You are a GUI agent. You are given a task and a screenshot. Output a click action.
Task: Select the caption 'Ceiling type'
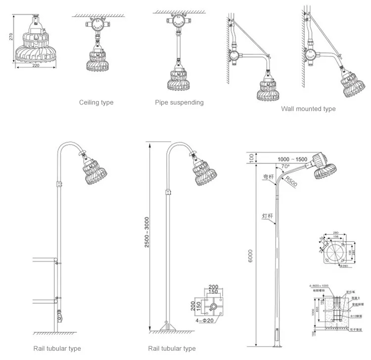pos(96,103)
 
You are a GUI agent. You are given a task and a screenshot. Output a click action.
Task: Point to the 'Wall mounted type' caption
pos(308,109)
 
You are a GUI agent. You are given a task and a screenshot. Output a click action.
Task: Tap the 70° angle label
pos(285,167)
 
